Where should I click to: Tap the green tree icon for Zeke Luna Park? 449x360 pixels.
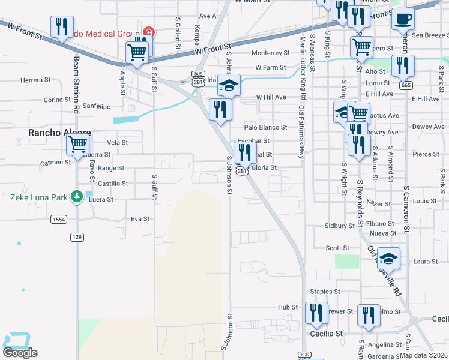coord(76,196)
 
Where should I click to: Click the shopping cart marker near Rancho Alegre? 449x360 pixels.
coord(78,144)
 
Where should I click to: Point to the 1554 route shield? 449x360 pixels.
coord(58,220)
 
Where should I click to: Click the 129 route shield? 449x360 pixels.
coord(77,237)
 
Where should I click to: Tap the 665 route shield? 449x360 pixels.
coord(406,85)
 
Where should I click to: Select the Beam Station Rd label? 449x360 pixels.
coord(77,85)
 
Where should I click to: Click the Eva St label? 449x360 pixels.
coord(140,219)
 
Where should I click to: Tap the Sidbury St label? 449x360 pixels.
coord(340,226)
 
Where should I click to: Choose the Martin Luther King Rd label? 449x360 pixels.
coord(303,66)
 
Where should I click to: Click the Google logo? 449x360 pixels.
coord(20,353)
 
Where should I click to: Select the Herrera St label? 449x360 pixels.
coord(35,80)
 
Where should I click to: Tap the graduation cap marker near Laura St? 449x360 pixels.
coord(388,258)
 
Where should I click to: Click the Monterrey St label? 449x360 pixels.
coord(271,53)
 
